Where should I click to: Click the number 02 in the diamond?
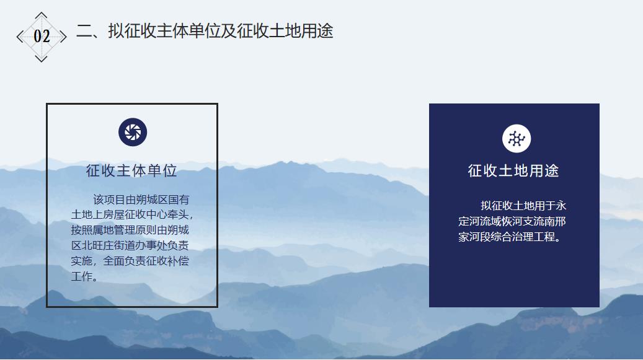tap(42, 37)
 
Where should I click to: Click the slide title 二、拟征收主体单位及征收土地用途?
tap(205, 31)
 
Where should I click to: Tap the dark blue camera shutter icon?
tap(133, 132)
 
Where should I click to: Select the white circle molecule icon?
tap(517, 138)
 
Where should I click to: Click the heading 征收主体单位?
tap(131, 171)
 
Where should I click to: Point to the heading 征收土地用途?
tap(513, 171)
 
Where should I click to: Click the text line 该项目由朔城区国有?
tap(141, 200)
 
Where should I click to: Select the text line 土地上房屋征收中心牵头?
tap(131, 215)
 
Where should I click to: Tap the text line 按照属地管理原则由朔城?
tap(130, 230)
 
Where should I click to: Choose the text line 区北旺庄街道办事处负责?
tap(130, 246)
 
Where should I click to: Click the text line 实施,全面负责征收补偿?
tap(130, 261)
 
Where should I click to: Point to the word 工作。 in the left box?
tap(84, 276)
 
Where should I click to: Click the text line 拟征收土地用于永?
tap(523, 206)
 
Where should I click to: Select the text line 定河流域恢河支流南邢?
tap(512, 221)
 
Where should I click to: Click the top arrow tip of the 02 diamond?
tap(41, 12)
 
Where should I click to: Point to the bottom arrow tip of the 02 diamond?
tap(41, 61)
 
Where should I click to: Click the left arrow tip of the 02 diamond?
tap(17, 37)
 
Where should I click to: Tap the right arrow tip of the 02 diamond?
tap(66, 37)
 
